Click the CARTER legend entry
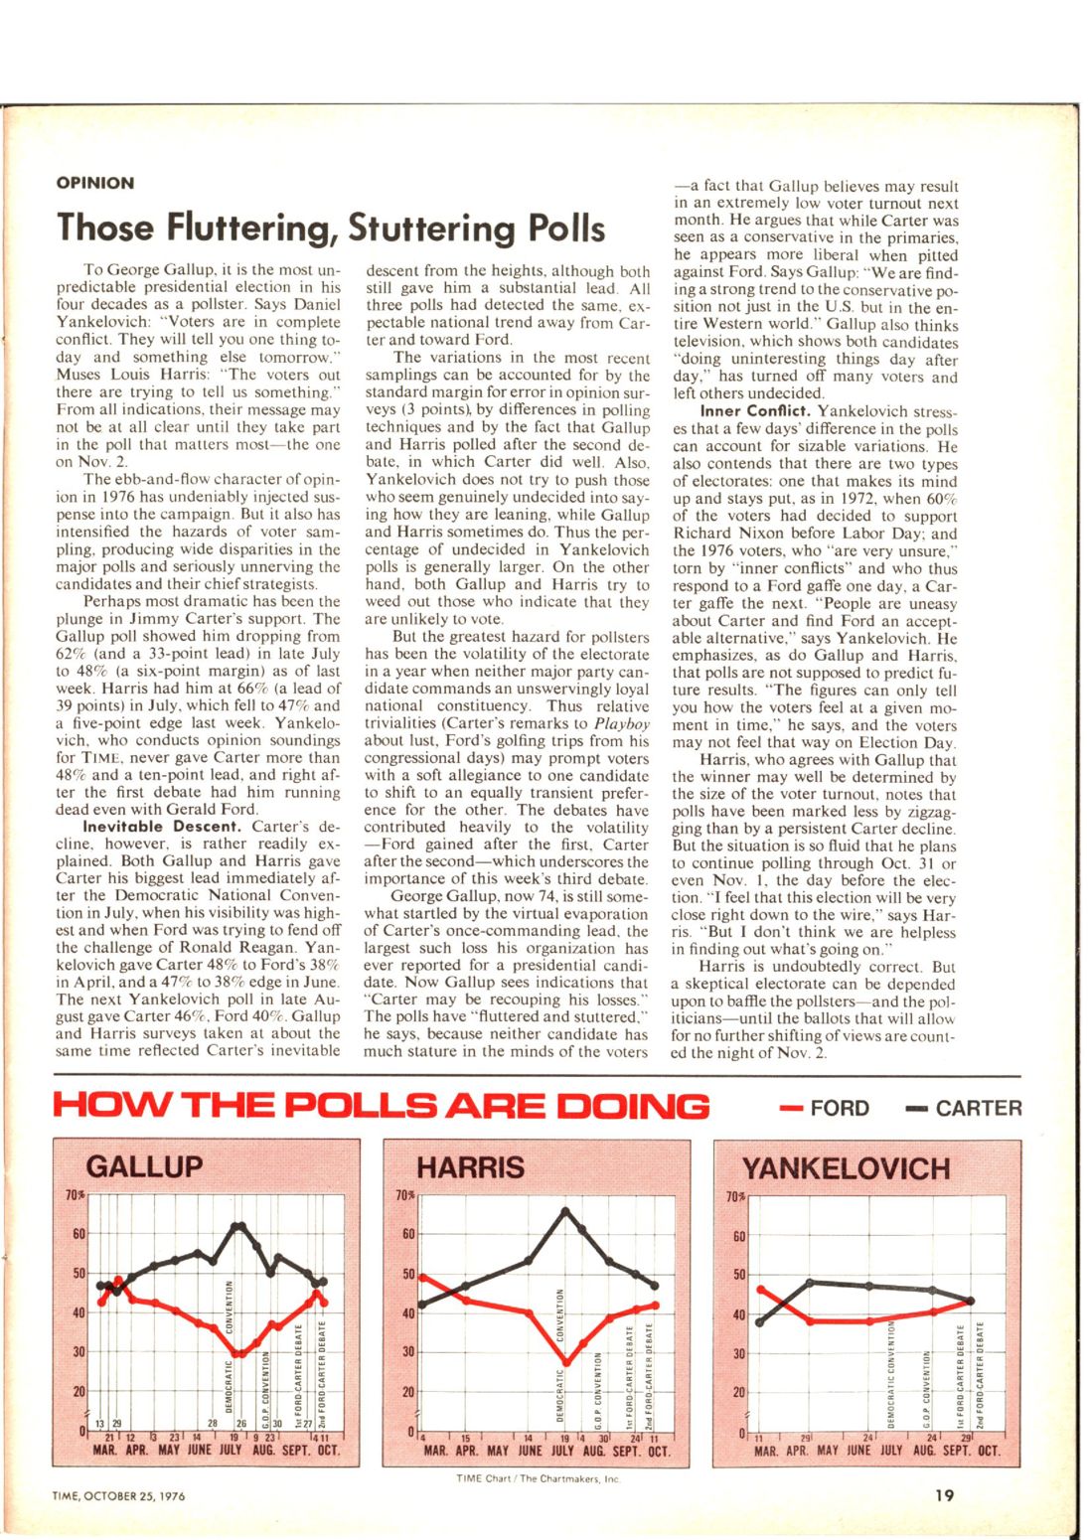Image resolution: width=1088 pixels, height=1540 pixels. (964, 1108)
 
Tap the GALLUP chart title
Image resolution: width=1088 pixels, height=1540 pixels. (144, 1166)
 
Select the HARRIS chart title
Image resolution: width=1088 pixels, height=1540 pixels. (470, 1166)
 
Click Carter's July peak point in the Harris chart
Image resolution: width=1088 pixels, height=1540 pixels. (565, 1210)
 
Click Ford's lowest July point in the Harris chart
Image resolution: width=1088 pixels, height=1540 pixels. (566, 1362)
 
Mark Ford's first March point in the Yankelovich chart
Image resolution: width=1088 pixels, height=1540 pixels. (760, 1290)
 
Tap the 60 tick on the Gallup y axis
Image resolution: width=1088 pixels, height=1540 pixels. (81, 1234)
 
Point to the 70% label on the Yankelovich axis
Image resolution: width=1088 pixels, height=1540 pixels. (736, 1197)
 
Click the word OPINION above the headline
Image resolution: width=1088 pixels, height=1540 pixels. (95, 183)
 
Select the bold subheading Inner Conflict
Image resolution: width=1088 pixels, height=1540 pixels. (754, 411)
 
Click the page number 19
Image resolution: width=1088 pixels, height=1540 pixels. (945, 1492)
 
